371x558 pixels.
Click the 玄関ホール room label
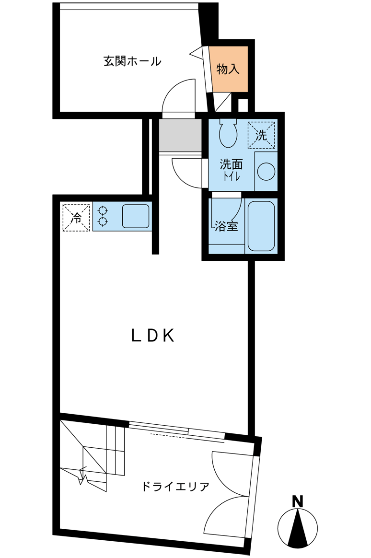pyautogui.click(x=132, y=61)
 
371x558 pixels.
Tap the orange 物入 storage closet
pyautogui.click(x=228, y=69)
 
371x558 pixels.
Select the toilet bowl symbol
pyautogui.click(x=228, y=133)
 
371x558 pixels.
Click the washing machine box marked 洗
pyautogui.click(x=261, y=135)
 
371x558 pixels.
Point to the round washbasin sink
pyautogui.click(x=266, y=172)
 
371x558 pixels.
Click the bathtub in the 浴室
pyautogui.click(x=261, y=226)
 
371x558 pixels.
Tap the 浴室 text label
pyautogui.click(x=226, y=226)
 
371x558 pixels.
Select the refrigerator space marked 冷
pyautogui.click(x=76, y=218)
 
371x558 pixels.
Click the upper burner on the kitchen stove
pyautogui.click(x=103, y=210)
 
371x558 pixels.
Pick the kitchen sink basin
pyautogui.click(x=136, y=216)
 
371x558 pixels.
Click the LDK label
pyautogui.click(x=153, y=335)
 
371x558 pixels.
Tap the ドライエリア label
pyautogui.click(x=175, y=486)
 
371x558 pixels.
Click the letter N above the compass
pyautogui.click(x=297, y=501)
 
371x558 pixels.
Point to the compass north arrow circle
pyautogui.click(x=298, y=528)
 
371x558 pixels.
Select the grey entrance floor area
pyautogui.click(x=180, y=135)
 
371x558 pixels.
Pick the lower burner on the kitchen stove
pyautogui.click(x=103, y=222)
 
